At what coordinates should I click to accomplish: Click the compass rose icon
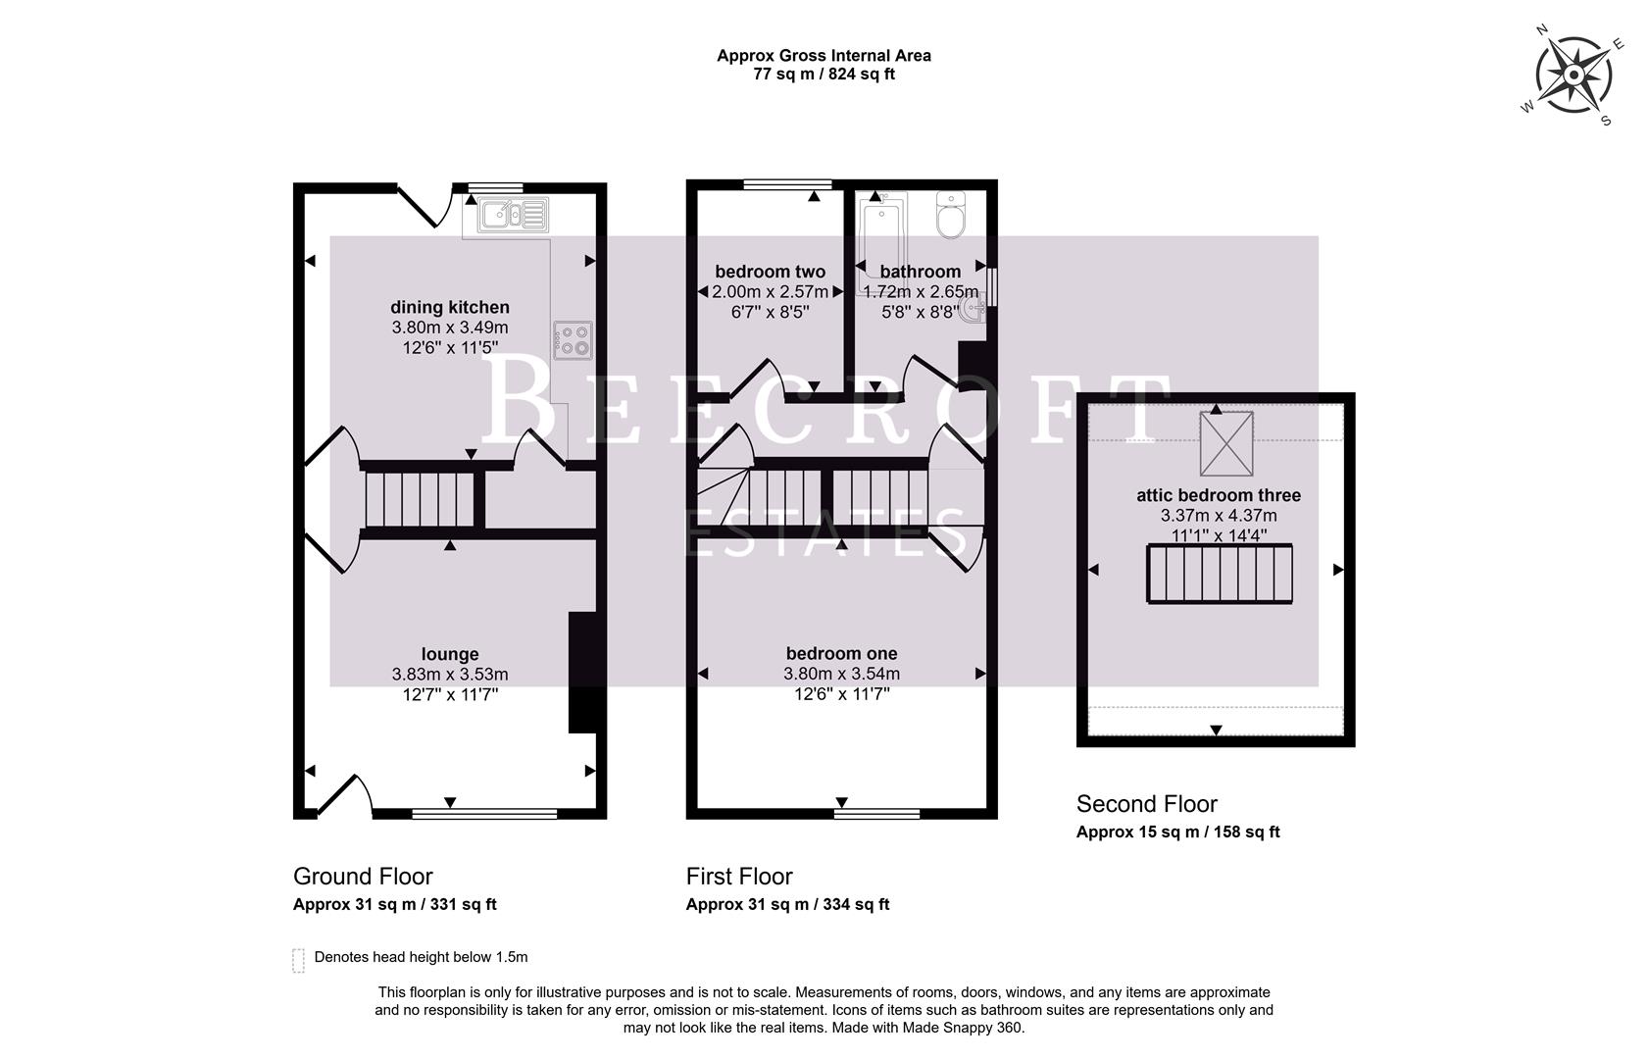(1573, 76)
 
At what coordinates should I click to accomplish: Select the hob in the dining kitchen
(574, 339)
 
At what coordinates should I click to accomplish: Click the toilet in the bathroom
(950, 216)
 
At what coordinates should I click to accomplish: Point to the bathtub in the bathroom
(880, 235)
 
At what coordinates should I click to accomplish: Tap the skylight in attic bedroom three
(1225, 442)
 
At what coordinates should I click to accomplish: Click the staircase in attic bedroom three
(1220, 575)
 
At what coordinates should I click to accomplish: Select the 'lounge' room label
(450, 654)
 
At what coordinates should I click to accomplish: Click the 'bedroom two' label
(770, 272)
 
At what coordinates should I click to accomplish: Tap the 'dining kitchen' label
(450, 307)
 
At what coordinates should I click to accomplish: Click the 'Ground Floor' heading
(363, 876)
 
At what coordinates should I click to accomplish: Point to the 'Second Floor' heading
(1146, 804)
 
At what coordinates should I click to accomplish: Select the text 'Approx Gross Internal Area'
(824, 56)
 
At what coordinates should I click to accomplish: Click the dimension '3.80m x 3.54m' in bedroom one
(841, 674)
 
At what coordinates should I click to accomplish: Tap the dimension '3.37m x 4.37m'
(1219, 516)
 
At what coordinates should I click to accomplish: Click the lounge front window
(484, 814)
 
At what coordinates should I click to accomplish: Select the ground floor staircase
(420, 500)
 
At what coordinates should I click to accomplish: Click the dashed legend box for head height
(298, 959)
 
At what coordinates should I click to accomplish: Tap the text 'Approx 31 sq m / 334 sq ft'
(787, 904)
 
